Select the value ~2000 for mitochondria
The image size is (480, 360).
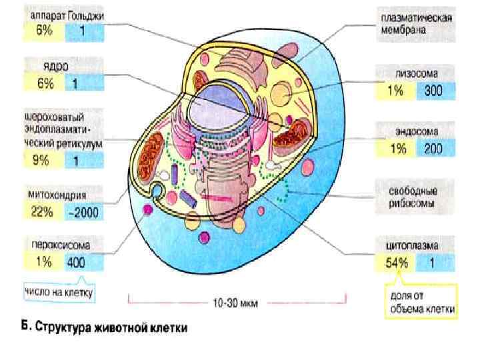pyautogui.click(x=85, y=213)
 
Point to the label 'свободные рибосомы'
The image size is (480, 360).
pyautogui.click(x=413, y=196)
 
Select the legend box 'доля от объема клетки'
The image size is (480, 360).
pyautogui.click(x=420, y=301)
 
